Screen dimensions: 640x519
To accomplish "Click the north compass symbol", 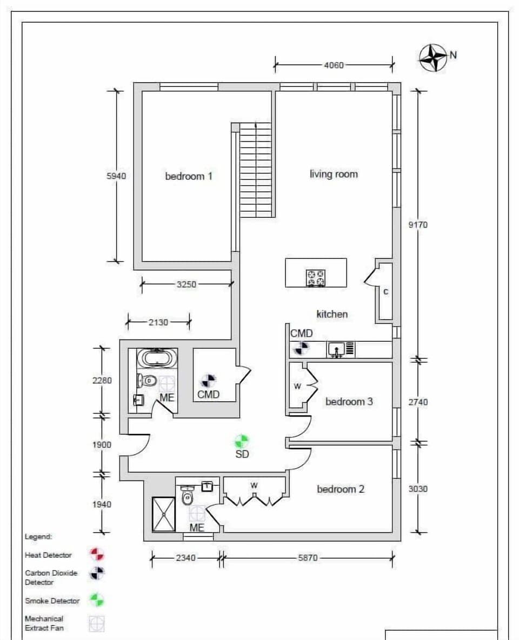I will (434, 57).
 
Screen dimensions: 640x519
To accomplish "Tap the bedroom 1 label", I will (188, 176).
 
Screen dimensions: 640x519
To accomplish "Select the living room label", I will (334, 174).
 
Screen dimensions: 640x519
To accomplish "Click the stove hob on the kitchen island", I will (316, 278).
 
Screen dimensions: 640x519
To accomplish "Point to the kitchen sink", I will (337, 350).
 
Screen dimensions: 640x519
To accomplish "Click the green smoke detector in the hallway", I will (242, 441).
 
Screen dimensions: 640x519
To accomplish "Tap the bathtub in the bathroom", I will (156, 358).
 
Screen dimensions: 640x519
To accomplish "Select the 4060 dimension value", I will (334, 65).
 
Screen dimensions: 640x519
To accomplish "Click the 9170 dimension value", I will (418, 224).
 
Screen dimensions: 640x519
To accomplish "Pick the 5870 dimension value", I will (308, 558).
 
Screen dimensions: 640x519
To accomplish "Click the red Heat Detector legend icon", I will (97, 554).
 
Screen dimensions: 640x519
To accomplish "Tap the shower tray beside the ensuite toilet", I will (163, 514).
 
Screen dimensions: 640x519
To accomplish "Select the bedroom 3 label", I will (349, 402).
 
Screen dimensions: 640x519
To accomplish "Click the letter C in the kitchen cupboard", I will (385, 292).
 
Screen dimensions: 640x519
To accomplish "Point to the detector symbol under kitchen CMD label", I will (301, 348).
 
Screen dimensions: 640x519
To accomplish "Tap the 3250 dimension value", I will (187, 284).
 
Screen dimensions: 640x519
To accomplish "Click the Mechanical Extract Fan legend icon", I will (97, 624).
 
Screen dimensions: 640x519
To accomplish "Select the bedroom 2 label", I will (340, 489).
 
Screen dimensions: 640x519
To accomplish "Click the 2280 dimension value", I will (102, 381).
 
